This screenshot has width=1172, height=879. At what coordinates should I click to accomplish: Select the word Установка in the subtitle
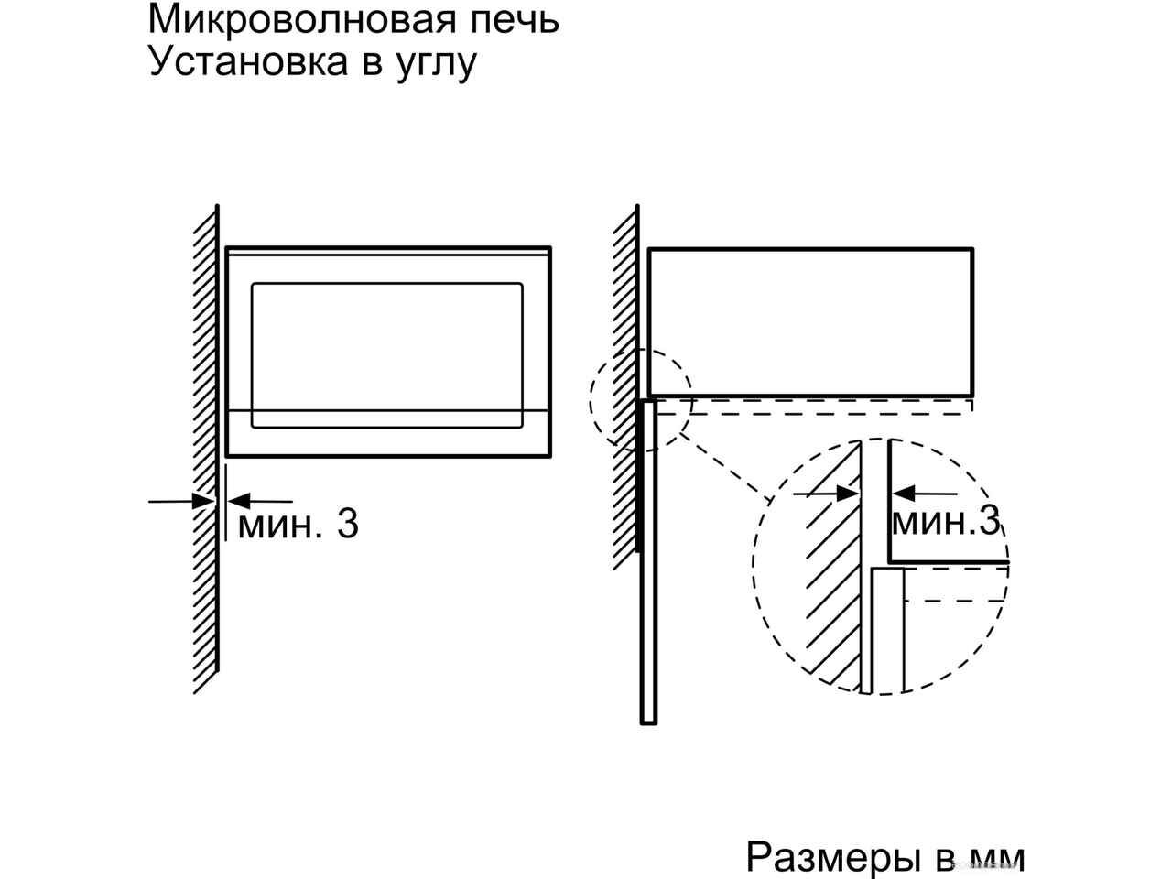pos(248,63)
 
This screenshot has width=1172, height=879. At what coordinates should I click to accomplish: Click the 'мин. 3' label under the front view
pos(298,524)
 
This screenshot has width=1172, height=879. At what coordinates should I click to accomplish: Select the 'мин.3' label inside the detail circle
pos(945,521)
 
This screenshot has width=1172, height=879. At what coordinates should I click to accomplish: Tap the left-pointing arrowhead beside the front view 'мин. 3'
pos(239,501)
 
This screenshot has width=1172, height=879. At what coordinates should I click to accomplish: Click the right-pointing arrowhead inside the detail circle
pos(848,494)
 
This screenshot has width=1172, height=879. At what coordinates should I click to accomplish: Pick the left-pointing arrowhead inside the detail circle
pos(903,494)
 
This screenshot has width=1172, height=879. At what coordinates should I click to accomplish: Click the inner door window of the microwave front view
pos(387,355)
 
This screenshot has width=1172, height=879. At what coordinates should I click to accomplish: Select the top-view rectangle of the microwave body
pos(810,322)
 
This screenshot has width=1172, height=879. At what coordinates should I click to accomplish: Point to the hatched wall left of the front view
pos(206,449)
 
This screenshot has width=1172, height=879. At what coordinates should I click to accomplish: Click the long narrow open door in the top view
pos(649,561)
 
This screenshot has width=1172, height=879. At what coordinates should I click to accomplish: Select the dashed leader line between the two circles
pos(725,467)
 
